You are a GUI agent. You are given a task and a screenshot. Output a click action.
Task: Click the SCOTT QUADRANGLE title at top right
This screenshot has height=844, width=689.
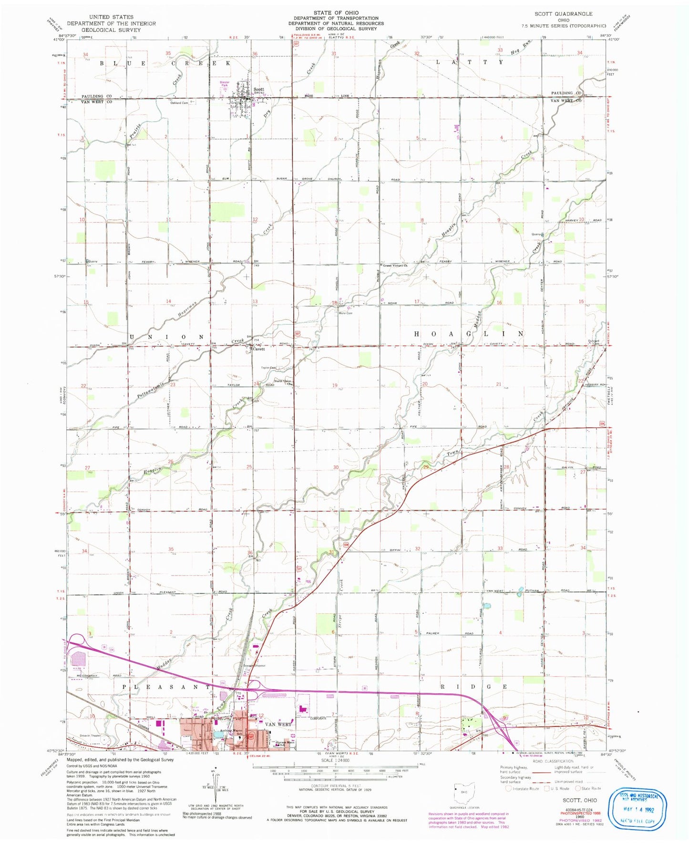coord(571,14)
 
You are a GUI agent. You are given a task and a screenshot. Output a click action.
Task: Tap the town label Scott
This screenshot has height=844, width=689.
coord(259,90)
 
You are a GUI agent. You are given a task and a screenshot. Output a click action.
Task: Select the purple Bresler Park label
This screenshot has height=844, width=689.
coord(225,83)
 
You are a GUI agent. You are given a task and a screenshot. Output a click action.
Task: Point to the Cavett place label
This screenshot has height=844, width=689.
coord(259,349)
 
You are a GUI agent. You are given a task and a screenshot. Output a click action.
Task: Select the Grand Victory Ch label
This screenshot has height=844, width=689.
coord(395,265)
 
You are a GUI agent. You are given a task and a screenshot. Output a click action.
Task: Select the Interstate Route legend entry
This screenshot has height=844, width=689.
coord(523,802)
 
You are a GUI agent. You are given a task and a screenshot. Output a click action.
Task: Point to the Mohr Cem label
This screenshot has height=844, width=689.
coord(345,313)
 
